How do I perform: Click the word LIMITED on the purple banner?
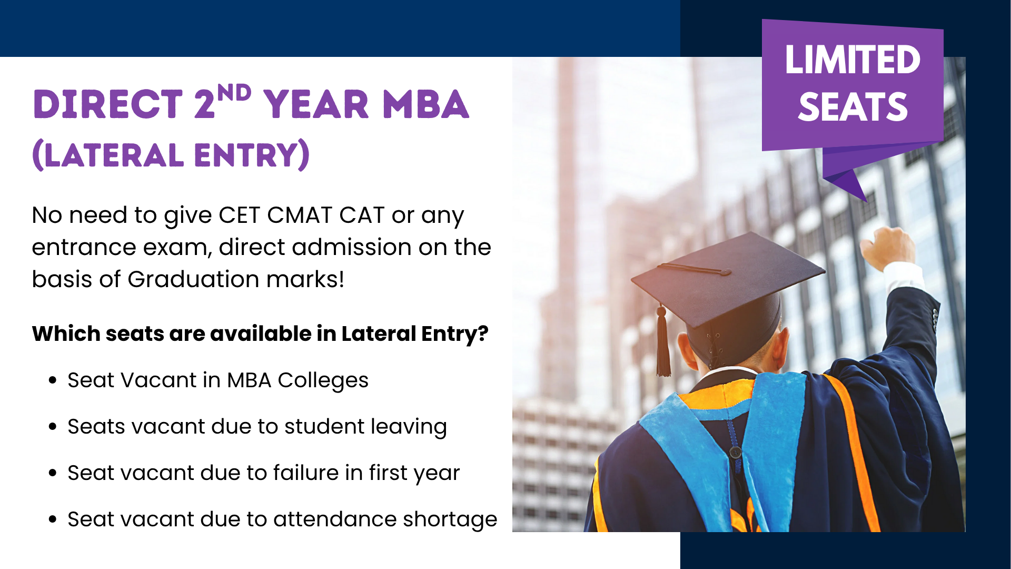853,60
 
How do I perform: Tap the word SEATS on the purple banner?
853,107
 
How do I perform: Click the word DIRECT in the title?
108,104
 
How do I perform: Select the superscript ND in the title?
234,93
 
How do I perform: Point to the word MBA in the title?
425,104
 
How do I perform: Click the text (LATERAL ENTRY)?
171,155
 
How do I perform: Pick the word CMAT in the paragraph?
299,215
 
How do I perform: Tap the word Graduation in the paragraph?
193,279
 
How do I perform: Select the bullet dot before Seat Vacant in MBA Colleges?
52,380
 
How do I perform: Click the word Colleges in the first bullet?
323,380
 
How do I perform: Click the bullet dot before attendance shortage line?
52,519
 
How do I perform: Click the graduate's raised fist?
887,248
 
